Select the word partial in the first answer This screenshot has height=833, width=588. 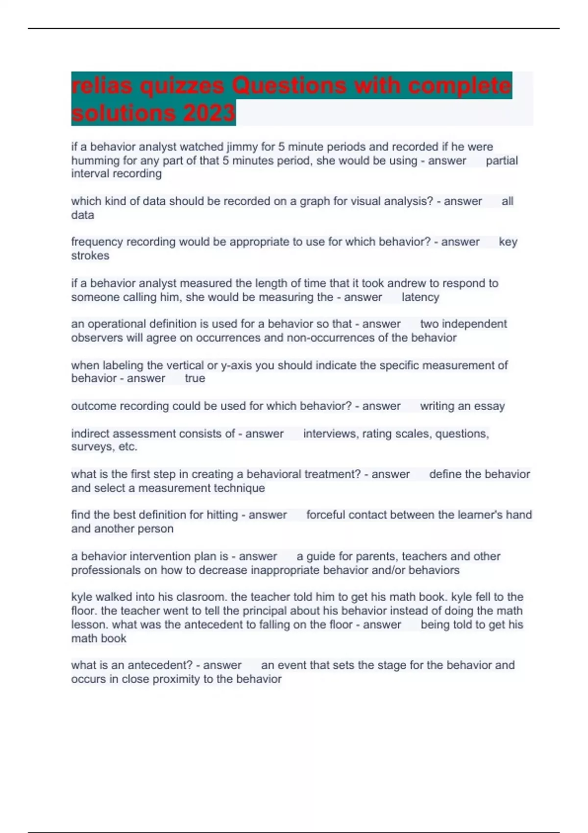501,160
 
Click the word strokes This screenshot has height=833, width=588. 90,255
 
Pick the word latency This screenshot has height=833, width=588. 420,297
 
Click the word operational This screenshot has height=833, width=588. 117,324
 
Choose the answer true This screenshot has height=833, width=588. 195,378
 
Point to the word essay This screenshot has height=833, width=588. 489,406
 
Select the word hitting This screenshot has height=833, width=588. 222,514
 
